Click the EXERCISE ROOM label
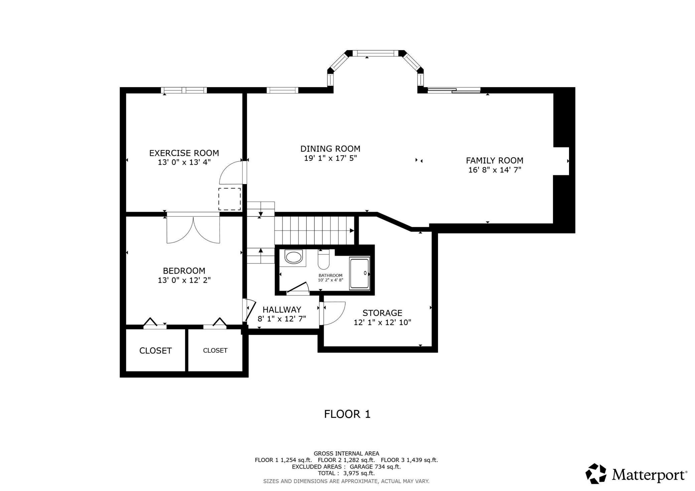pyautogui.click(x=184, y=153)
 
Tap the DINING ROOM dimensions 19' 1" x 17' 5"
pyautogui.click(x=330, y=158)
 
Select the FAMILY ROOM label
pyautogui.click(x=495, y=160)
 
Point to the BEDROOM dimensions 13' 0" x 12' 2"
pyautogui.click(x=184, y=280)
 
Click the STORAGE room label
pyautogui.click(x=382, y=313)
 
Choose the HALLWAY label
pyautogui.click(x=282, y=310)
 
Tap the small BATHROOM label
pyautogui.click(x=330, y=276)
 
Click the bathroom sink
pyautogui.click(x=293, y=258)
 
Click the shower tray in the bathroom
pyautogui.click(x=360, y=273)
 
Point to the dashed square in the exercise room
pyautogui.click(x=230, y=199)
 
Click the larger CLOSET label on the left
pyautogui.click(x=155, y=350)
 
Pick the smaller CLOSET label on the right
pyautogui.click(x=215, y=350)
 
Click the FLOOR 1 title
pyautogui.click(x=347, y=414)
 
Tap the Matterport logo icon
pyautogui.click(x=596, y=473)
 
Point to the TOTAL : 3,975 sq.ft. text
pyautogui.click(x=346, y=473)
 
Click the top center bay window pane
pyautogui.click(x=376, y=53)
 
